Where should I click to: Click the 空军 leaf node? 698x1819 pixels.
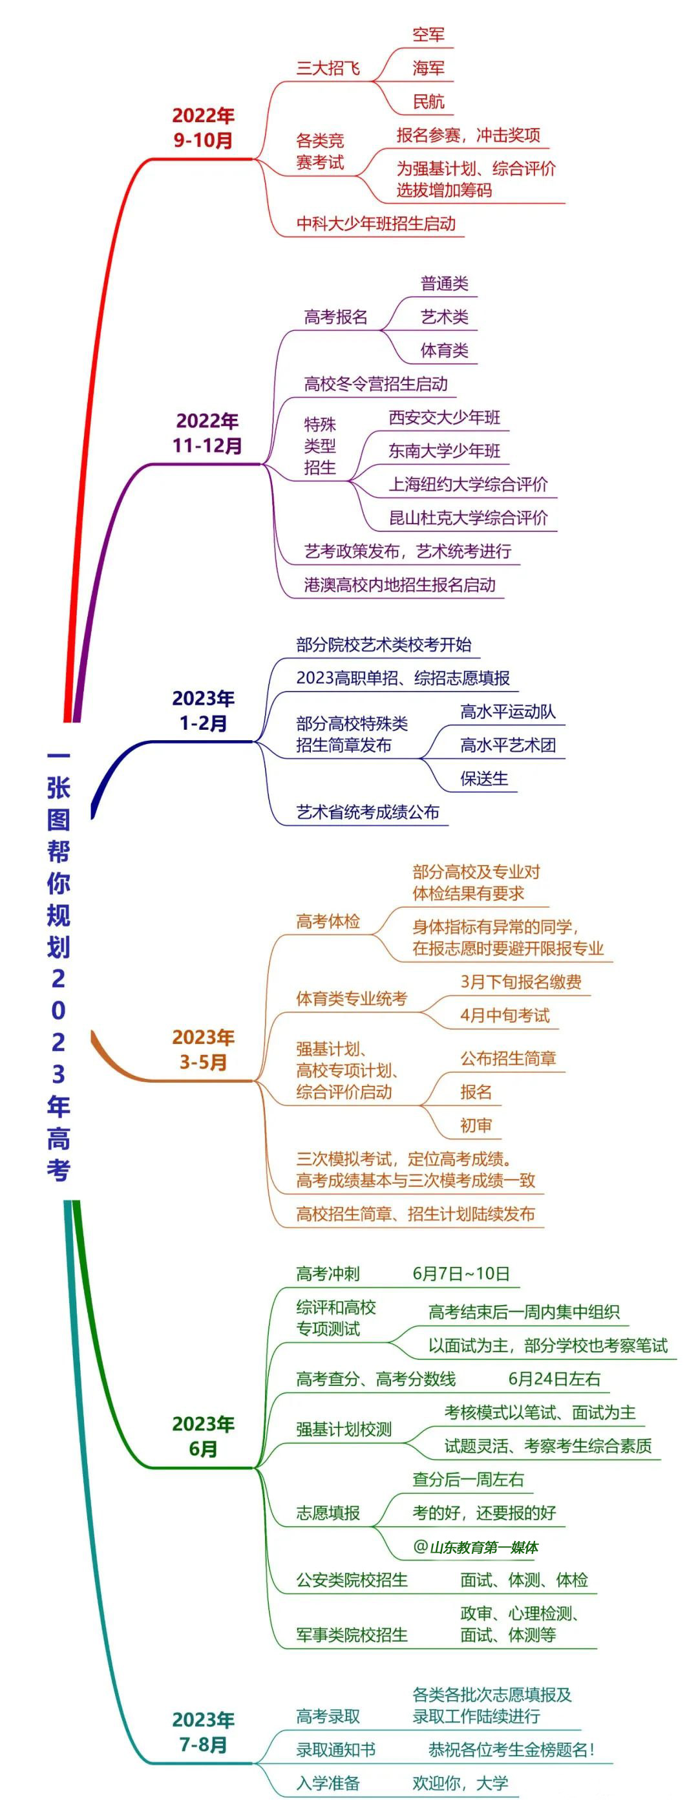click(x=428, y=35)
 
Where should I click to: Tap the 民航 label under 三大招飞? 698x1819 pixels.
click(x=428, y=101)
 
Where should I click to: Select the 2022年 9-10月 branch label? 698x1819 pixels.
click(x=203, y=128)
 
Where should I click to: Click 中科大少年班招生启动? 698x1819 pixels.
click(x=375, y=224)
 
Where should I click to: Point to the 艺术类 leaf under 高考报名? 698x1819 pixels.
click(x=444, y=317)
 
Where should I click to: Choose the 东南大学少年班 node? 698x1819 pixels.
click(x=444, y=451)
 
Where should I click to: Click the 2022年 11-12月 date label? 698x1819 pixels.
click(x=207, y=433)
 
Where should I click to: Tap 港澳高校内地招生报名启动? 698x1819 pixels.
click(x=399, y=584)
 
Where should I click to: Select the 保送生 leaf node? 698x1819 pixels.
click(x=483, y=778)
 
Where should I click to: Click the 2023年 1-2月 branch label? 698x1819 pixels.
click(x=203, y=710)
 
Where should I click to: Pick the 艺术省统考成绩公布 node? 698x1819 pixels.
click(x=367, y=812)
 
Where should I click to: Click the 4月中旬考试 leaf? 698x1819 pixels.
click(x=505, y=1016)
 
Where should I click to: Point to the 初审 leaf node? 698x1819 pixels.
click(x=476, y=1125)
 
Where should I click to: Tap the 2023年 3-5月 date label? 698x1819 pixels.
click(x=203, y=1049)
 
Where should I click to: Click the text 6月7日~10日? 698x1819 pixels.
click(x=461, y=1273)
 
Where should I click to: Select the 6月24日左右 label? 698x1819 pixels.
click(x=554, y=1378)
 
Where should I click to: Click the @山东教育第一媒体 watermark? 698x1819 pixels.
click(x=476, y=1547)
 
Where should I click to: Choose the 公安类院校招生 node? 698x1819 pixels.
click(x=352, y=1580)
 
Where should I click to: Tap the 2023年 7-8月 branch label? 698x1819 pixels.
click(x=203, y=1732)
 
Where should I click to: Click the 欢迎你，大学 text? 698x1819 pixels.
click(x=460, y=1783)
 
